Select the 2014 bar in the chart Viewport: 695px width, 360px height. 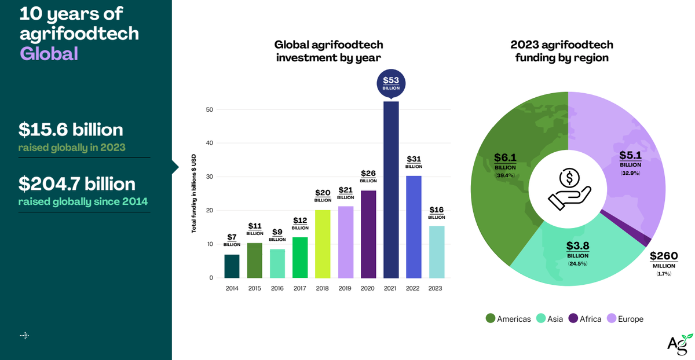(x=232, y=266)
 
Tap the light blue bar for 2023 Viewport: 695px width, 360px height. (x=436, y=252)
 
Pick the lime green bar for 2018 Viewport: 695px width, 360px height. (x=323, y=244)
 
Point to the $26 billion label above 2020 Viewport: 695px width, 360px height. (x=368, y=176)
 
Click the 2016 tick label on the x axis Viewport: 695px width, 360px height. (x=277, y=288)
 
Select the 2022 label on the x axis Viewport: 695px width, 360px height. (x=414, y=288)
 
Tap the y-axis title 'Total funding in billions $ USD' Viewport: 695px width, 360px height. (x=194, y=193)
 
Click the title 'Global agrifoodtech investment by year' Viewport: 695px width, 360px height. (x=328, y=51)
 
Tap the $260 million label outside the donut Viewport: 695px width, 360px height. (x=663, y=262)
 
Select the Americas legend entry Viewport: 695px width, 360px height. (x=508, y=319)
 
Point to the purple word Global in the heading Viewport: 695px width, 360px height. (x=49, y=54)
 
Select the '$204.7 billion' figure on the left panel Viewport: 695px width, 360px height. (x=77, y=184)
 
